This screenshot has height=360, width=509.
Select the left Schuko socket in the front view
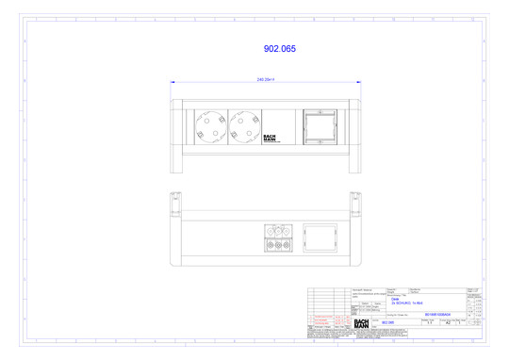pyautogui.click(x=209, y=127)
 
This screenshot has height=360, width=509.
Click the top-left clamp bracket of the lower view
pyautogui.click(x=175, y=200)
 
